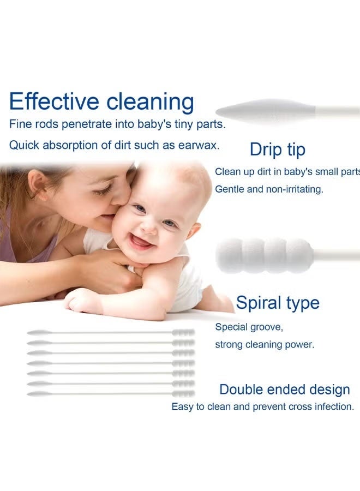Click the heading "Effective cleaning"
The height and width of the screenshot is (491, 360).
101,102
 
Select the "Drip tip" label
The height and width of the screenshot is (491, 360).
277,149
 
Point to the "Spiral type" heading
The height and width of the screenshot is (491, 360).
278,303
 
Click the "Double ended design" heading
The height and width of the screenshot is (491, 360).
284,390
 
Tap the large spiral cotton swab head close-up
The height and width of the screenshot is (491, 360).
264,255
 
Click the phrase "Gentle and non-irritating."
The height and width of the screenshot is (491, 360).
269,189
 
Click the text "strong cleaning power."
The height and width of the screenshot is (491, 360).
264,345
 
